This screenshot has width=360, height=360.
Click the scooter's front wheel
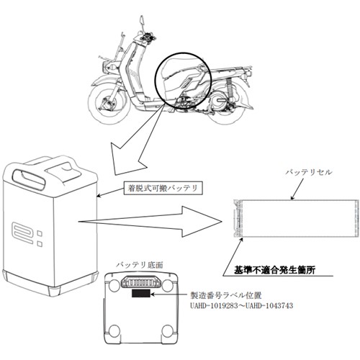pos(107,102)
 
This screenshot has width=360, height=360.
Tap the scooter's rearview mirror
pos(142,21)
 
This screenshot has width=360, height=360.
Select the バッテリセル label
pos(309,172)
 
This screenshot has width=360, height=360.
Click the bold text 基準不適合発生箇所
pos(274,270)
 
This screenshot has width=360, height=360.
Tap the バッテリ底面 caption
pos(140,265)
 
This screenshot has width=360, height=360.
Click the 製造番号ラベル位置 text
pos(226,295)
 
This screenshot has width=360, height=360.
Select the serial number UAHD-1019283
pos(214,306)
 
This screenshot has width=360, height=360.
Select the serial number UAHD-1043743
pos(269,306)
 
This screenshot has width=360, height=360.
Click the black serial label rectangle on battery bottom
pos(141,293)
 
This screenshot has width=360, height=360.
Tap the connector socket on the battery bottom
pos(141,282)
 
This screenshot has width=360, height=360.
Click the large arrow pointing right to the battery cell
pos(149,222)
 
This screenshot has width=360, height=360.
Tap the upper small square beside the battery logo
pos(40,233)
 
